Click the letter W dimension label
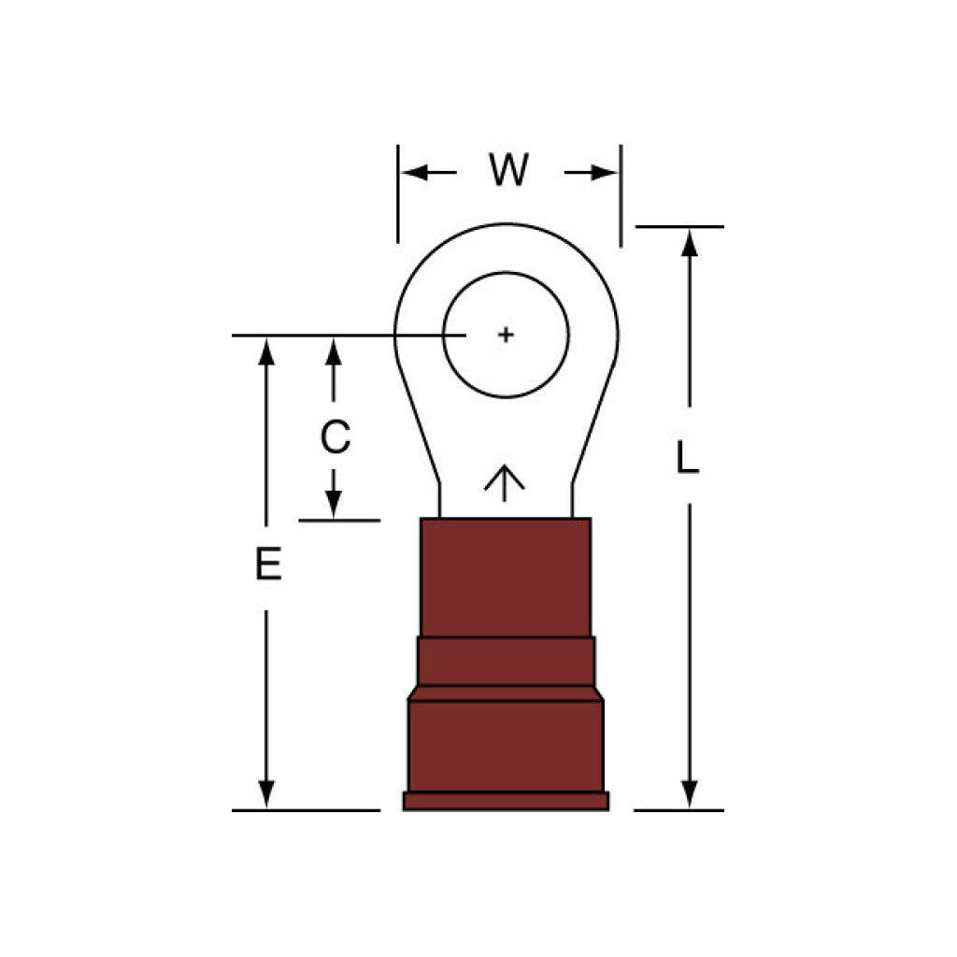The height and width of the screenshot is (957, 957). (508, 170)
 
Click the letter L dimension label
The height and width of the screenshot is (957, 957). (687, 457)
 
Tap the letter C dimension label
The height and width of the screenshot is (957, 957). (336, 436)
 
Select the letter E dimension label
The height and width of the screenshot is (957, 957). (268, 564)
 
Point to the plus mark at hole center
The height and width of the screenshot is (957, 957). (506, 335)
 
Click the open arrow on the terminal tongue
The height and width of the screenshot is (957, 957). (504, 483)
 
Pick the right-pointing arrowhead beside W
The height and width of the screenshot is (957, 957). (604, 173)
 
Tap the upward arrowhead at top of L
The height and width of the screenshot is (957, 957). (689, 243)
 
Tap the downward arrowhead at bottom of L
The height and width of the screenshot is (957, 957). (689, 794)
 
